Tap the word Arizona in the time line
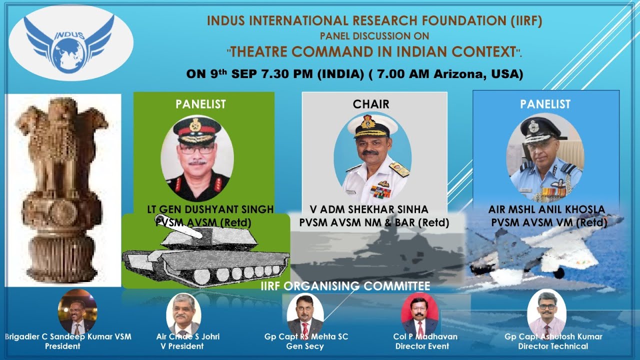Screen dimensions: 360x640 (x=462, y=74)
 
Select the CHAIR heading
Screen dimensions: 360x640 (x=370, y=104)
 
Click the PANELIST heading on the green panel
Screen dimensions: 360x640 (x=200, y=104)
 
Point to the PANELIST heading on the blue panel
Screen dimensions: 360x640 (x=545, y=104)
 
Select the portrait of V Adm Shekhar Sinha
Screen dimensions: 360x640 (x=372, y=157)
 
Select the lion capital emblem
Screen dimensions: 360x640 (x=62, y=190)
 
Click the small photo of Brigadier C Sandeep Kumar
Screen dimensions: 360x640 (x=77, y=312)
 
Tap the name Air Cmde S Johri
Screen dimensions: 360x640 (x=187, y=336)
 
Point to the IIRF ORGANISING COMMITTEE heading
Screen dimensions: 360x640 (x=345, y=286)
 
